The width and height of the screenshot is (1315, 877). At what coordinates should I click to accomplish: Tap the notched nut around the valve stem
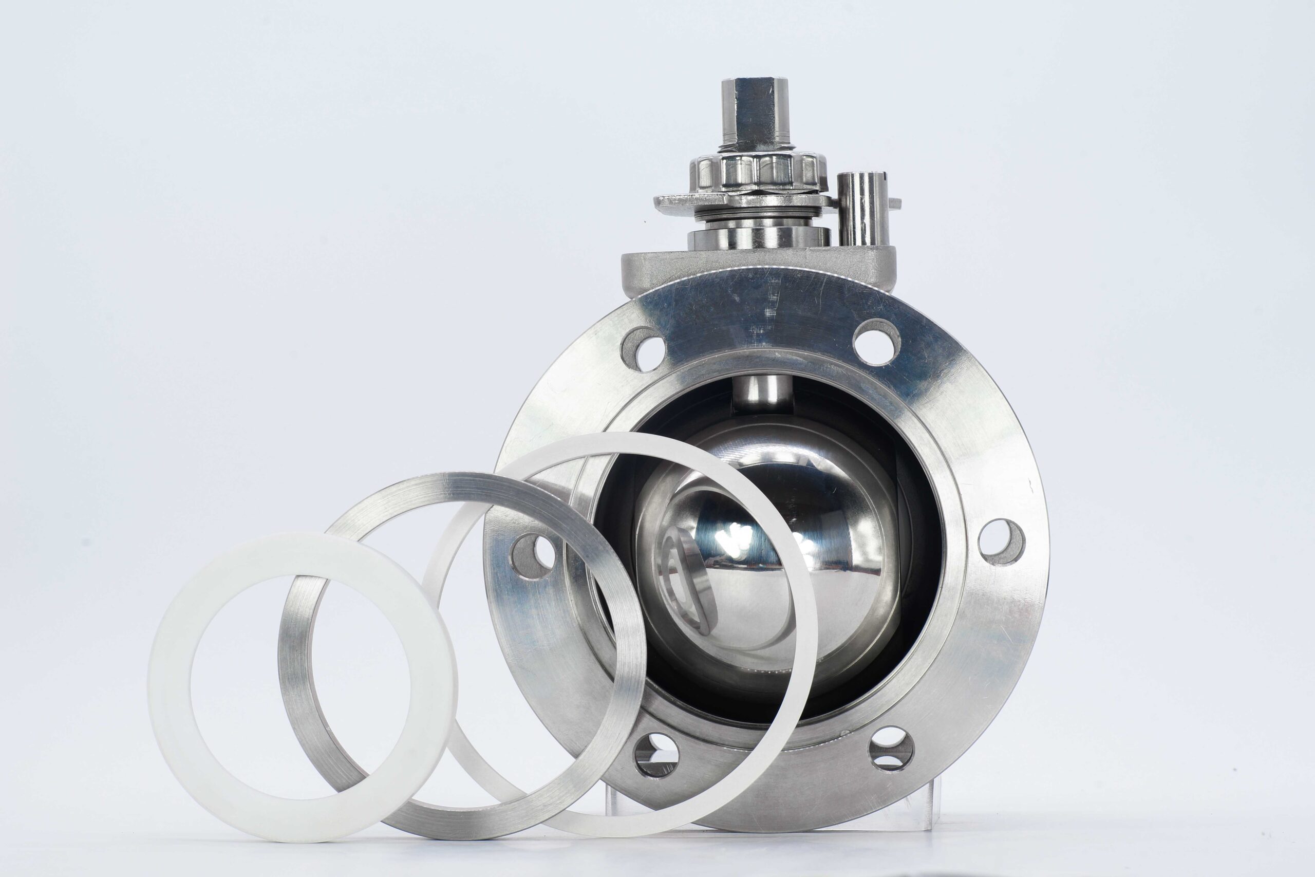(758, 171)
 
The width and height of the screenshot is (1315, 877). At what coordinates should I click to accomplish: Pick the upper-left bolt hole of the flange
(643, 349)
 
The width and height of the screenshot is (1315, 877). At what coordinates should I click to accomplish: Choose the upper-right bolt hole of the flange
(877, 342)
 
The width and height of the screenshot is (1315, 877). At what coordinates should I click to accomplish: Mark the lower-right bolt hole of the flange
(891, 749)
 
